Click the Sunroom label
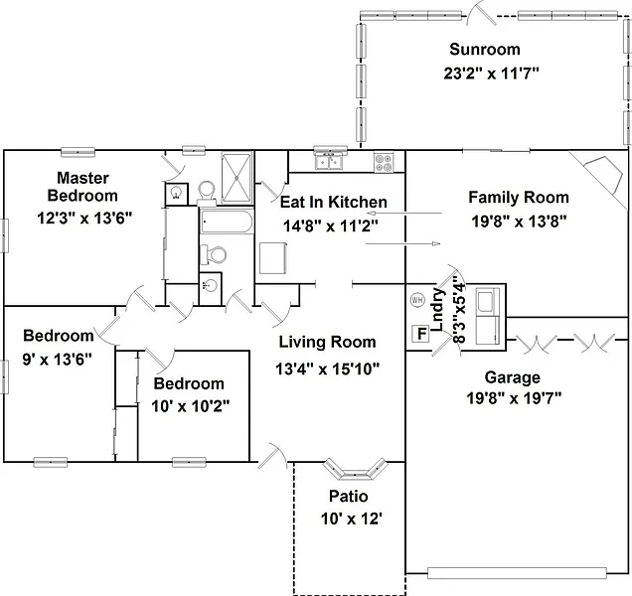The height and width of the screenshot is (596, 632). pos(485,50)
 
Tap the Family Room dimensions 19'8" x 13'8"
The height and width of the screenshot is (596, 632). pos(519,222)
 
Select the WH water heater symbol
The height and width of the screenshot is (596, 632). pos(417,300)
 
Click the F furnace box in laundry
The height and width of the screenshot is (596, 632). pos(421,334)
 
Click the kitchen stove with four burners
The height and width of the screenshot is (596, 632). pos(384,162)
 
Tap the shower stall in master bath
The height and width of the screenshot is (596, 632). pos(237,178)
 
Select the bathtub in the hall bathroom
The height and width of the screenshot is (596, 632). pos(227,222)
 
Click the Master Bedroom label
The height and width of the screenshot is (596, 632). pos(82,187)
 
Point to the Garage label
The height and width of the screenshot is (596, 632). pos(513,377)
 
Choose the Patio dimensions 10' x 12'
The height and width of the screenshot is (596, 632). pos(352,520)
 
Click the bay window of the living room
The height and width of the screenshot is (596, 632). pos(355,469)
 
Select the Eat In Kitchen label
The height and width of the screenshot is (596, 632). pos(334,202)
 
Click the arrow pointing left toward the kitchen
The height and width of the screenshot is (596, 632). pos(404,214)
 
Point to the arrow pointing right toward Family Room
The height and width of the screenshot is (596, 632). pos(403,243)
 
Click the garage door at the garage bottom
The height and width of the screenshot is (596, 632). pos(517,573)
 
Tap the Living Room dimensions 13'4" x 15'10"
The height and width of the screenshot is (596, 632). pos(328,369)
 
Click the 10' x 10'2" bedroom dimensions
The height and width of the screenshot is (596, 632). pos(191,406)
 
